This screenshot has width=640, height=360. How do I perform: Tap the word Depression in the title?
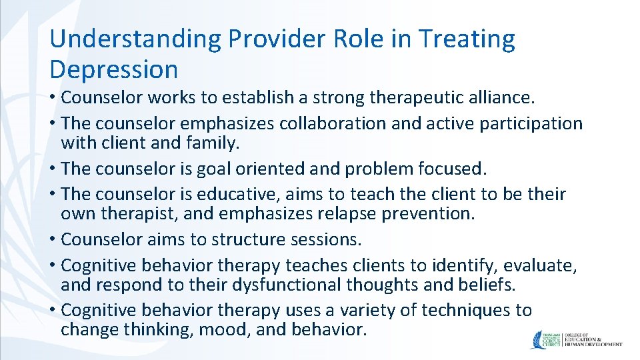click(x=114, y=69)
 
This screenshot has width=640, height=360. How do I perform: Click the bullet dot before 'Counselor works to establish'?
click(x=53, y=98)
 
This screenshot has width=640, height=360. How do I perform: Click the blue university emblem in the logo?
click(x=539, y=339)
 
